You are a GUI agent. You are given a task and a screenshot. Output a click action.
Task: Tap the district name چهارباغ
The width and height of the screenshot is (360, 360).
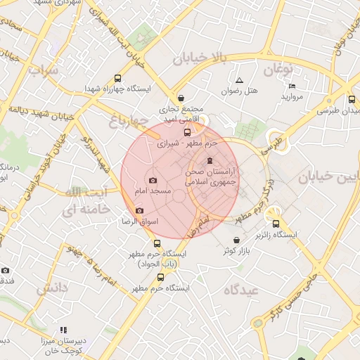[130, 124]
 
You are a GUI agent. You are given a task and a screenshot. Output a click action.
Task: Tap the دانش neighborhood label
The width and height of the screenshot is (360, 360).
[51, 288]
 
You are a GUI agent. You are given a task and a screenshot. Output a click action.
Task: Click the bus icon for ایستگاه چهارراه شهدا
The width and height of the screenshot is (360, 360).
[117, 79]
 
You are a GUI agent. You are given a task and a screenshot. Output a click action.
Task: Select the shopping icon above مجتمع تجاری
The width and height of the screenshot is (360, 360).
[182, 98]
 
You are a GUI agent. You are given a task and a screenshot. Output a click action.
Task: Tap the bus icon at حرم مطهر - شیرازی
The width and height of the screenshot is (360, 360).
[187, 131]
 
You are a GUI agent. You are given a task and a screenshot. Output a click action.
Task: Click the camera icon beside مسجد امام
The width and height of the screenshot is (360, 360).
[153, 181]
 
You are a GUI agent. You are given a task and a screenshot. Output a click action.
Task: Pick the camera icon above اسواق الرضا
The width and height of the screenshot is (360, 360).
[139, 211]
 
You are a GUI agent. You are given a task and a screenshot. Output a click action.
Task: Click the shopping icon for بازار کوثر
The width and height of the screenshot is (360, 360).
[236, 240]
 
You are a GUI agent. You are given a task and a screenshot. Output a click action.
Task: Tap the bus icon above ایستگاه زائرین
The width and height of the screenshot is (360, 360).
[275, 223]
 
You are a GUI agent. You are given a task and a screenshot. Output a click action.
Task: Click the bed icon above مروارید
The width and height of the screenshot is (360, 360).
[292, 86]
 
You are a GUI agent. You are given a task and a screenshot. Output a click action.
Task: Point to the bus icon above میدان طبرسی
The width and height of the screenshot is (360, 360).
[351, 100]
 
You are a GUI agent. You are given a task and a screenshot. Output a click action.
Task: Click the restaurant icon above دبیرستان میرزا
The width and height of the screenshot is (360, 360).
[63, 329]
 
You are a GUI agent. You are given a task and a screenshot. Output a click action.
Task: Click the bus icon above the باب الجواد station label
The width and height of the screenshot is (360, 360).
[157, 243]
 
